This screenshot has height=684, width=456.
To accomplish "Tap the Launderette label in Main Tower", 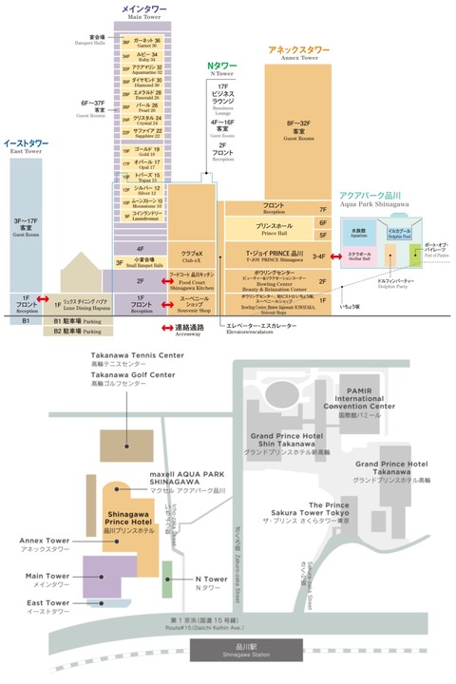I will (145, 215).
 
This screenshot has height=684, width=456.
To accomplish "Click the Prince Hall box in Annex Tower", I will (274, 229).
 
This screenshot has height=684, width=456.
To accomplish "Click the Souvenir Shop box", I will (194, 302).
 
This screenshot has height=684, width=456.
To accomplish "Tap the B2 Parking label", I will (76, 332).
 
